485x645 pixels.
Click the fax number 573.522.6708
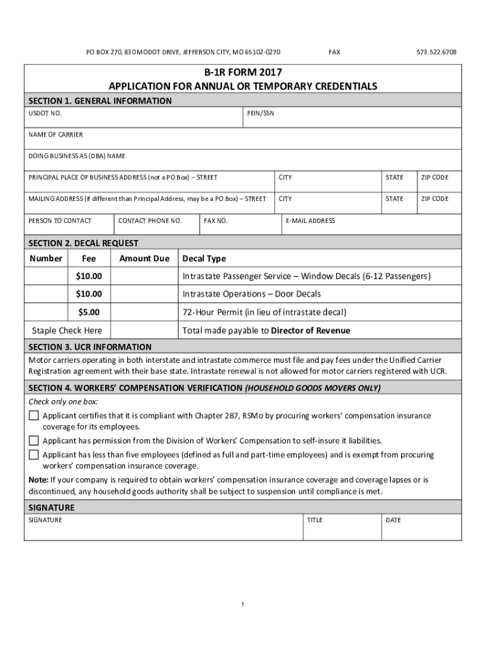click(x=437, y=52)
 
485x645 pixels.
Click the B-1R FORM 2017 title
click(x=243, y=72)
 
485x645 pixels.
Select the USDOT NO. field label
click(x=45, y=113)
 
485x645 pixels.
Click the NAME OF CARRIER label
click(x=55, y=135)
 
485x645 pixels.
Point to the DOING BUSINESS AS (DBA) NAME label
click(x=77, y=156)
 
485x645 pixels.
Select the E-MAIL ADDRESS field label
click(x=310, y=220)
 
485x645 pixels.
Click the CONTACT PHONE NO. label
click(x=150, y=220)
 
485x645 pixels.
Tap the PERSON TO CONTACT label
click(x=60, y=220)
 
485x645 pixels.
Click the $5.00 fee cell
click(x=89, y=312)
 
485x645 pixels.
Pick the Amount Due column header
click(x=144, y=258)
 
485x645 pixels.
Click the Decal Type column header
click(x=204, y=258)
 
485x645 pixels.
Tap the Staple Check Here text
click(x=67, y=331)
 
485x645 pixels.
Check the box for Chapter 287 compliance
click(x=33, y=416)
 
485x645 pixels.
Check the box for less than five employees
click(x=33, y=455)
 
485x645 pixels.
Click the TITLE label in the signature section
click(x=314, y=520)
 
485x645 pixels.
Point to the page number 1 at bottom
click(x=243, y=605)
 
